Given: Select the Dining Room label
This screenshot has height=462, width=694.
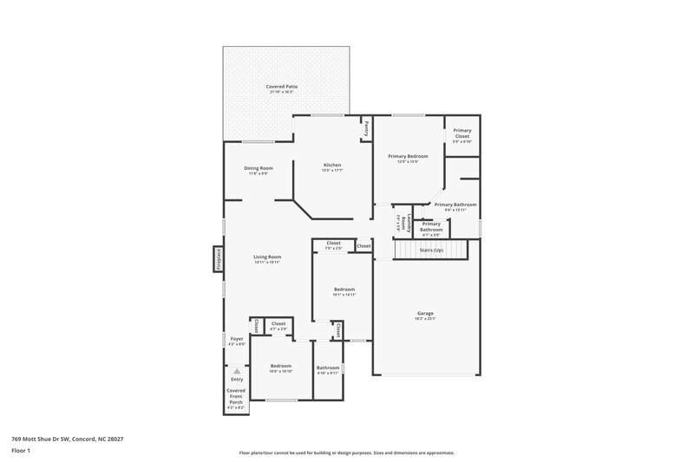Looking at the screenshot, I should click(258, 168).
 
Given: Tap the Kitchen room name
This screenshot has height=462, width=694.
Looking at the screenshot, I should click(332, 165).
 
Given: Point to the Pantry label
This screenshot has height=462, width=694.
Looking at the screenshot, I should click(367, 128).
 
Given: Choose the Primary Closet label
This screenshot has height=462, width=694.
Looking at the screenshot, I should click(462, 134).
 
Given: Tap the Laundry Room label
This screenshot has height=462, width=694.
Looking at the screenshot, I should click(402, 221).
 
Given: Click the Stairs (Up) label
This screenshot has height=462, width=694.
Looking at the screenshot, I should click(431, 250).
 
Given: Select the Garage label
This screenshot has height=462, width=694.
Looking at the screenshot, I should click(425, 313).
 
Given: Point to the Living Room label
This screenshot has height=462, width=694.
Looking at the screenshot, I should click(267, 257).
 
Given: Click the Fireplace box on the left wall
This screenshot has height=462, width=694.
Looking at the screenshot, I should click(219, 259).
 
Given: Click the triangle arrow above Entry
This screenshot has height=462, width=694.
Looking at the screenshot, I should click(237, 370).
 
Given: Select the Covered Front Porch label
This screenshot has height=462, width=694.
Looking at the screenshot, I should click(236, 395).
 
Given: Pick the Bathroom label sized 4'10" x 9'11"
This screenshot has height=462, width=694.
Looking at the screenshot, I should click(328, 368).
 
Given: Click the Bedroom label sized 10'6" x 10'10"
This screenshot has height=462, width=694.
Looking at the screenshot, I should click(280, 366).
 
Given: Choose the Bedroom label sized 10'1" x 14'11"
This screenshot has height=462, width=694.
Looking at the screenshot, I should click(344, 289).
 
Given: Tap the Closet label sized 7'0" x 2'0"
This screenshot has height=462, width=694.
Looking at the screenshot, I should click(334, 243).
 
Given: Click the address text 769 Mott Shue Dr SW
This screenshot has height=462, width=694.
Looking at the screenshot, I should click(67, 439).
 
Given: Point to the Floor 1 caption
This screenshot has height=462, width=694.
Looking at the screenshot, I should click(21, 451).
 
